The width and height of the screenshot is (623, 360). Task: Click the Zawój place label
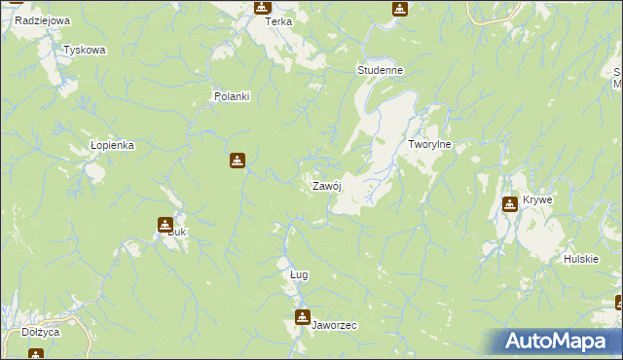pos(324,186)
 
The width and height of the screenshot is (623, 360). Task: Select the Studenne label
pos(380,71)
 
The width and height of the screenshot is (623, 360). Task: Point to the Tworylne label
pos(429,144)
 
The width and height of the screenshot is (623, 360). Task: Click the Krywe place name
pos(537,199)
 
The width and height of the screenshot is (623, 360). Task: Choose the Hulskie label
pos(579,259)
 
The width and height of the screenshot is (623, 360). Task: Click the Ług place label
pos(299,274)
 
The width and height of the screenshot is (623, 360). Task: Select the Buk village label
pos(176,233)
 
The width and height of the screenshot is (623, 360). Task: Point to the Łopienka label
pos(111,144)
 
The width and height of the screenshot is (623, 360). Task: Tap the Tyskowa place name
pos(84,50)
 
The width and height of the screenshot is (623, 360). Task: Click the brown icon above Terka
pos(262,7)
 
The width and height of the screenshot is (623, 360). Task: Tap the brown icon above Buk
pos(165,224)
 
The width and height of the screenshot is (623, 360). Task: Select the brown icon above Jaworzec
pos(303,316)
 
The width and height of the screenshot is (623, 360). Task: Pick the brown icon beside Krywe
pos(509,203)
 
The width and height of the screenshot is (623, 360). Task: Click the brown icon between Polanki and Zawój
pos(237,161)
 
